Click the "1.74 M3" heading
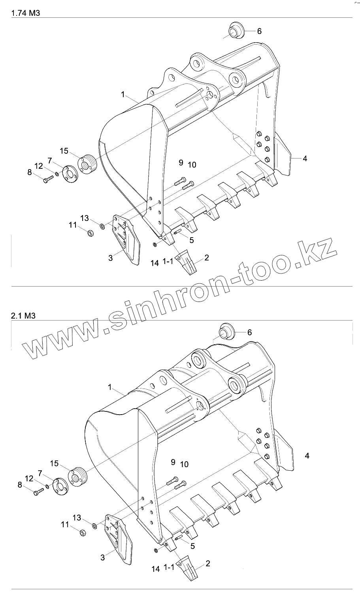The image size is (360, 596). (26, 13)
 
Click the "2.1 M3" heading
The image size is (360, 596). (24, 315)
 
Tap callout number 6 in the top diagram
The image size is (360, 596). (259, 31)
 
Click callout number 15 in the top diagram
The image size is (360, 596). (64, 151)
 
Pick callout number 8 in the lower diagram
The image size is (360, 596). (20, 485)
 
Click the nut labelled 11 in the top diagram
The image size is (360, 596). (90, 232)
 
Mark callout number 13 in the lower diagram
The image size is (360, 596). (77, 517)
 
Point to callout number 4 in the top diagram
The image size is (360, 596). (305, 158)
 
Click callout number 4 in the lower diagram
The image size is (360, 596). (307, 456)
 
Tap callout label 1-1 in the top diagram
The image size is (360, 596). (167, 262)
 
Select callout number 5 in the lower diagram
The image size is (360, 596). (192, 546)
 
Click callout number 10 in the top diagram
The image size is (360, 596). (192, 164)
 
